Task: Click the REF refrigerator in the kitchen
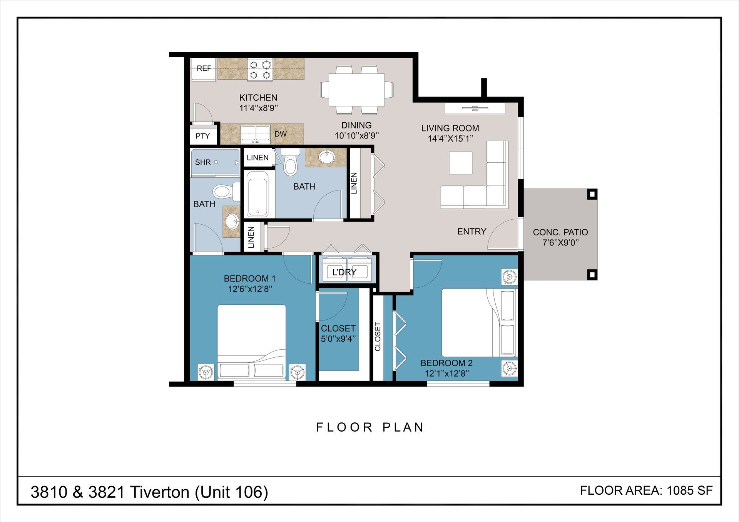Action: point(204,69)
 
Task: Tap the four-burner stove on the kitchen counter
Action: point(260,69)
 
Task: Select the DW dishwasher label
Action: point(281,134)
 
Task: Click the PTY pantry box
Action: point(203,136)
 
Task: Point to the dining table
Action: point(356,90)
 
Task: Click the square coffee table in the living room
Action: point(461,163)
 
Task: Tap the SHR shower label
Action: point(203,162)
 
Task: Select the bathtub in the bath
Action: point(257,194)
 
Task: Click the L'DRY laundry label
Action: point(344,272)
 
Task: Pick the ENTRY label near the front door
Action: point(472,231)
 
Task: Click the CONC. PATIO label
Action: point(560,232)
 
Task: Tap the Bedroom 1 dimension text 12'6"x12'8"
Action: point(250,289)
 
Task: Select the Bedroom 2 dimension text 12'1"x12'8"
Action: point(447,374)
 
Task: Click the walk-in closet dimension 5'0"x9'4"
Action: point(338,339)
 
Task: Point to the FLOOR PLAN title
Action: point(370,427)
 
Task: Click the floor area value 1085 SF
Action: point(689,490)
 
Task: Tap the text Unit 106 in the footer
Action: point(231,492)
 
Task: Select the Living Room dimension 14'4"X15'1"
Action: point(450,138)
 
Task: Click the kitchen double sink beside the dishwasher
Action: point(256,133)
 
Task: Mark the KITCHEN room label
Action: point(258,98)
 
